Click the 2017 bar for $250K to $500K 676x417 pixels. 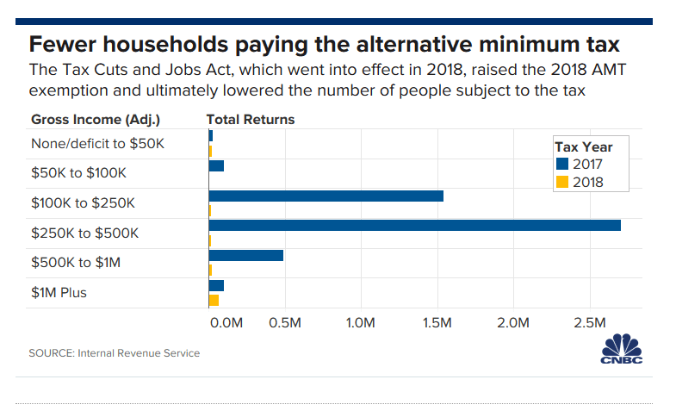click(414, 226)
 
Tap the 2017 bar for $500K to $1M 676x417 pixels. click(245, 256)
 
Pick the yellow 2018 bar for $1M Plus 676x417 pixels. click(214, 300)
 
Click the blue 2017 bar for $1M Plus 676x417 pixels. click(216, 285)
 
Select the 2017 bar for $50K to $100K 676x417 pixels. click(216, 166)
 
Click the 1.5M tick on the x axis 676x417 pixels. click(437, 323)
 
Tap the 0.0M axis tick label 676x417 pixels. click(226, 323)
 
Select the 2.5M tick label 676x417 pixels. click(590, 323)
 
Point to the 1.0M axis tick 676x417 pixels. click(360, 323)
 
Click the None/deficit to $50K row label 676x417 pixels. click(96, 144)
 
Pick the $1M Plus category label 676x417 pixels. click(59, 293)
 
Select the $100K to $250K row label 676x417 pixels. click(83, 203)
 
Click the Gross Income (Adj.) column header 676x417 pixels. click(96, 120)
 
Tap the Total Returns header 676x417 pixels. click(251, 120)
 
